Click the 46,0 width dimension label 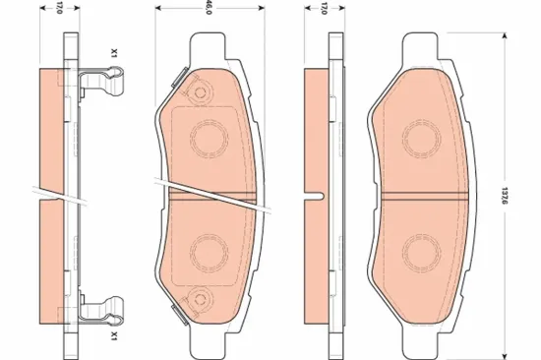point(209,7)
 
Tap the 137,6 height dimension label point(505,197)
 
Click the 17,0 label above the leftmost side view point(59,8)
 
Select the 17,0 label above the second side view point(324,8)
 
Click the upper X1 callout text point(114,52)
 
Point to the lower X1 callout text point(114,334)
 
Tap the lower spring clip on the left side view point(100,312)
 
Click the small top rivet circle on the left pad point(200,92)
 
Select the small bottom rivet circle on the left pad point(200,300)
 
